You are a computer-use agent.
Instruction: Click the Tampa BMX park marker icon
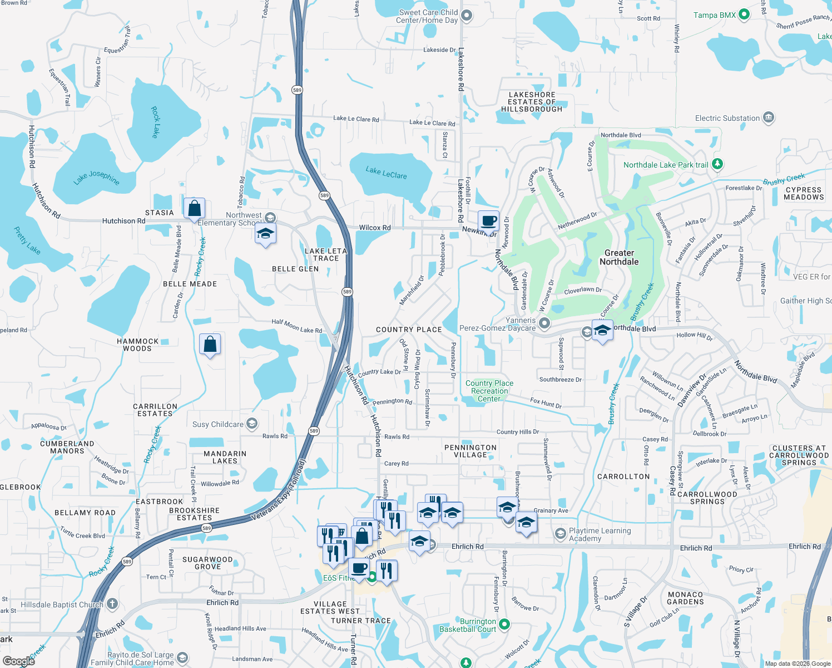click(x=744, y=16)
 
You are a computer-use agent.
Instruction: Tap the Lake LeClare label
click(x=386, y=173)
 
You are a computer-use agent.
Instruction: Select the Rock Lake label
click(x=155, y=122)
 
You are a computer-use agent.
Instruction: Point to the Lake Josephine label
click(x=96, y=178)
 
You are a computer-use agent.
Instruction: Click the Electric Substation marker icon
click(x=769, y=118)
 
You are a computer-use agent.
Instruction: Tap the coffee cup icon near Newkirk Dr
click(x=488, y=222)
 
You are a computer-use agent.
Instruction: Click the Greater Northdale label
click(x=619, y=257)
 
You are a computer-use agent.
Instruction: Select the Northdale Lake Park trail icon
click(x=717, y=164)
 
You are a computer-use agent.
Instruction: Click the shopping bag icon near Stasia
click(x=195, y=209)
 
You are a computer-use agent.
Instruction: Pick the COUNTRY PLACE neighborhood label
click(x=409, y=330)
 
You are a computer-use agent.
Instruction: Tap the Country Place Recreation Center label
click(x=489, y=391)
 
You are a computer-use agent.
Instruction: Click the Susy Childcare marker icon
click(x=252, y=424)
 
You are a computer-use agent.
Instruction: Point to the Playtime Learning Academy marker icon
click(x=560, y=534)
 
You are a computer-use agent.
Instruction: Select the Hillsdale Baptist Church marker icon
click(x=112, y=604)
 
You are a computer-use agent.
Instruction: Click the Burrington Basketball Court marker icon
click(x=504, y=625)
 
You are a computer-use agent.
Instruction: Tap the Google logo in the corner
click(x=19, y=661)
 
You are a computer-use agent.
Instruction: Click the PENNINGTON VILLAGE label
click(x=471, y=451)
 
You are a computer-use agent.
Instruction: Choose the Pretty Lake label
click(x=27, y=240)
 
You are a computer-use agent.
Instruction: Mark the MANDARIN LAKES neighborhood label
click(x=225, y=457)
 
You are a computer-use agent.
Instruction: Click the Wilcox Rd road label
click(x=374, y=228)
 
